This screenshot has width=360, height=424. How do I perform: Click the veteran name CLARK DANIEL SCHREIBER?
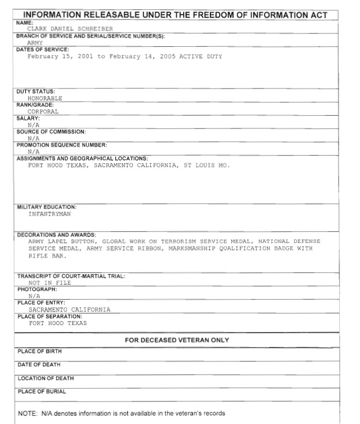70,28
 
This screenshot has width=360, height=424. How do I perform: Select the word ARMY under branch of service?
35,43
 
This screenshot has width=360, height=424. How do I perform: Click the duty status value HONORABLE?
44,98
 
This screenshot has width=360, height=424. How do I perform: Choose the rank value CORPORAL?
43,112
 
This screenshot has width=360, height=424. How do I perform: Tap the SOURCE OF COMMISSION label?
51,132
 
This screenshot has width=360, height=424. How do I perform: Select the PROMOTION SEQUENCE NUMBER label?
62,145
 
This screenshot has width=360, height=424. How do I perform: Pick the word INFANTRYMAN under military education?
50,213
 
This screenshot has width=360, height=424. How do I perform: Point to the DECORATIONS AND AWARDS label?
56,234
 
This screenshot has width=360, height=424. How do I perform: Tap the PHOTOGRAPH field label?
37,289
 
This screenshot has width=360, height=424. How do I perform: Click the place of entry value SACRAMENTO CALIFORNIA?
69,309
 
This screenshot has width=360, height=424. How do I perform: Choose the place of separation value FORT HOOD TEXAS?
58,323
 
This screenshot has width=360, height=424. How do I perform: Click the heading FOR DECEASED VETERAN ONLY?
177,340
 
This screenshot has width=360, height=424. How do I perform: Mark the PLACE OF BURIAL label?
42,392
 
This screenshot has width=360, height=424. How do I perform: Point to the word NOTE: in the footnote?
28,414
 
